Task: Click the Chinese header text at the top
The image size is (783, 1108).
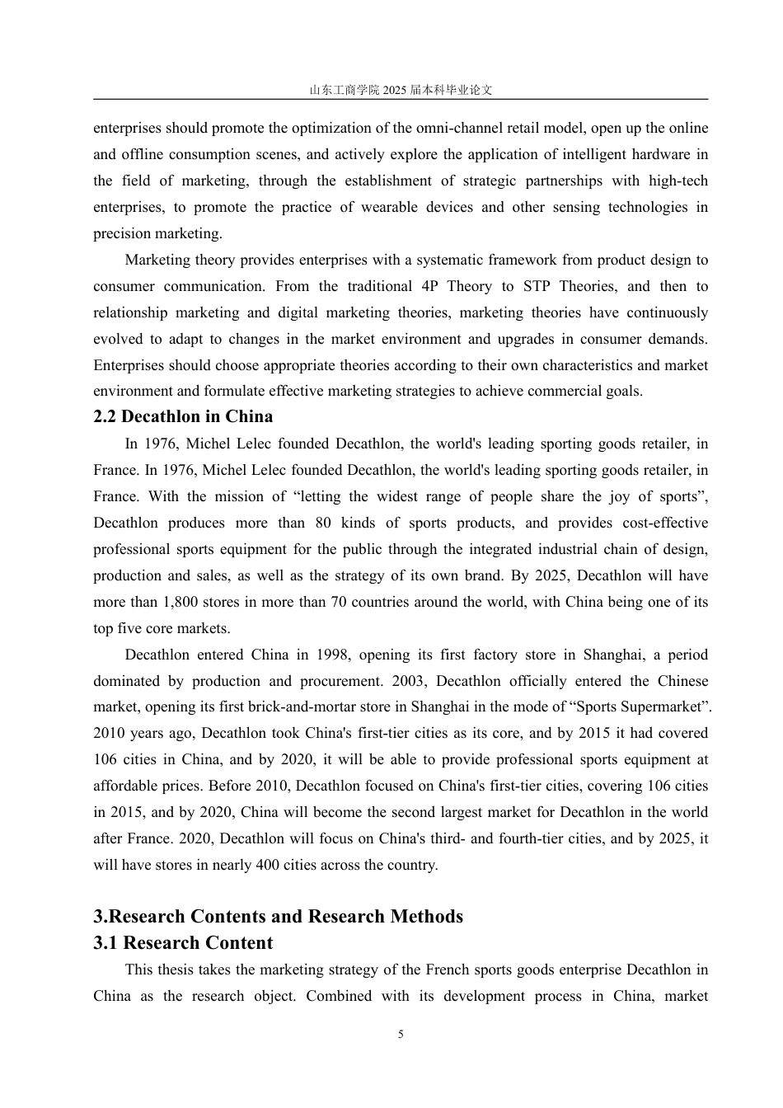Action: [x=401, y=90]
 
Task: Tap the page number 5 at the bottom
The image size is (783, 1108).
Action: [x=401, y=1035]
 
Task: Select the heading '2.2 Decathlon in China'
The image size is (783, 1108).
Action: [x=183, y=416]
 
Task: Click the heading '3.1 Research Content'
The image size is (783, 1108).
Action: [x=183, y=943]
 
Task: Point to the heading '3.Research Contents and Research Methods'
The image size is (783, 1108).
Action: [x=279, y=917]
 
